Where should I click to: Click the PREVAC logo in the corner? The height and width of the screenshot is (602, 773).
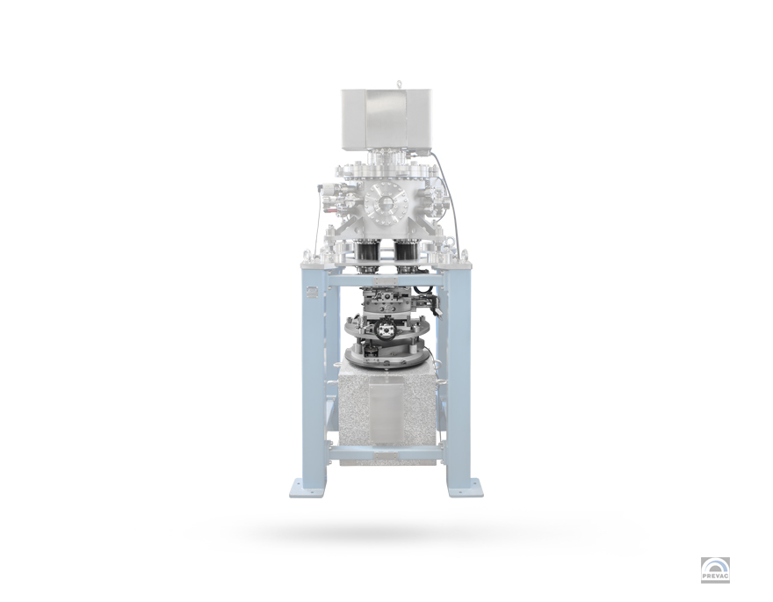click(715, 570)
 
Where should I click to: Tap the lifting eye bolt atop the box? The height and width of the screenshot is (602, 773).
click(398, 83)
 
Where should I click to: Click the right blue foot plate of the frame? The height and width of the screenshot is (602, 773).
click(465, 487)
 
